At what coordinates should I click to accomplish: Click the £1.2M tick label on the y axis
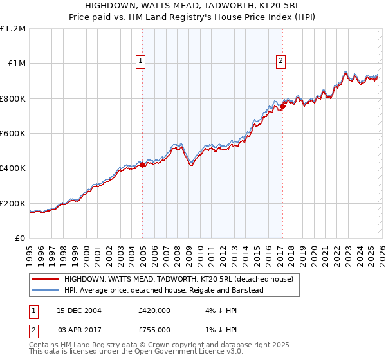tap(13, 28)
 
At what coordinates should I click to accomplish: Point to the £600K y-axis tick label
tap(13, 133)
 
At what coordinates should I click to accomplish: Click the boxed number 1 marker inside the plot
tap(140, 62)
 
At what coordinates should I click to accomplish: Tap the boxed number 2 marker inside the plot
tap(281, 62)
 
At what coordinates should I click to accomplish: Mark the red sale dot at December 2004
tap(142, 165)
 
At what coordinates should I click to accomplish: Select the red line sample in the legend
tap(46, 279)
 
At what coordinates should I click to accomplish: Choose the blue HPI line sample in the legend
tap(46, 290)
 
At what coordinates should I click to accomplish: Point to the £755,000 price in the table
tap(154, 329)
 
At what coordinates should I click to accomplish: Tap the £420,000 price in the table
tap(154, 310)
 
